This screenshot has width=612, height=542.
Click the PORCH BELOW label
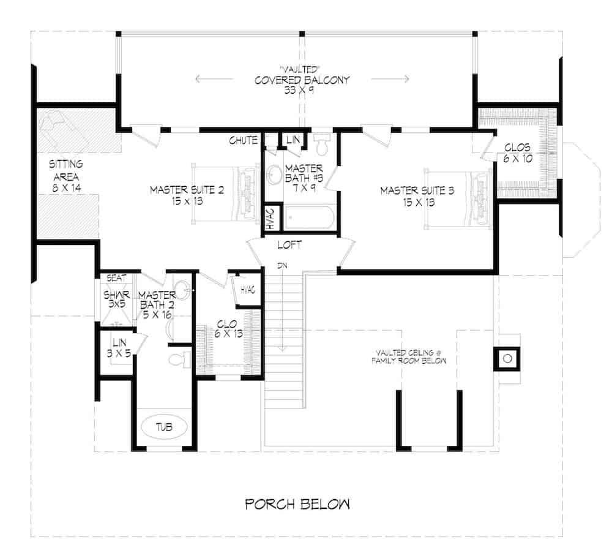click(298, 505)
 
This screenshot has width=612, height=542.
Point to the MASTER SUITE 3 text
click(417, 196)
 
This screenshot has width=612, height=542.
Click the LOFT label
click(289, 245)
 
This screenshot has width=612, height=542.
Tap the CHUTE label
click(243, 141)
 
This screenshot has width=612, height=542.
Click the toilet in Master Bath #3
click(322, 145)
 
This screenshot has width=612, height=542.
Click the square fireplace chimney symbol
click(507, 358)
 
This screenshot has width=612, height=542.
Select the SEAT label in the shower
click(116, 278)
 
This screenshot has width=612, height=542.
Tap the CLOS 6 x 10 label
click(517, 152)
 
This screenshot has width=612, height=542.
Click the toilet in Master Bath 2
click(178, 359)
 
